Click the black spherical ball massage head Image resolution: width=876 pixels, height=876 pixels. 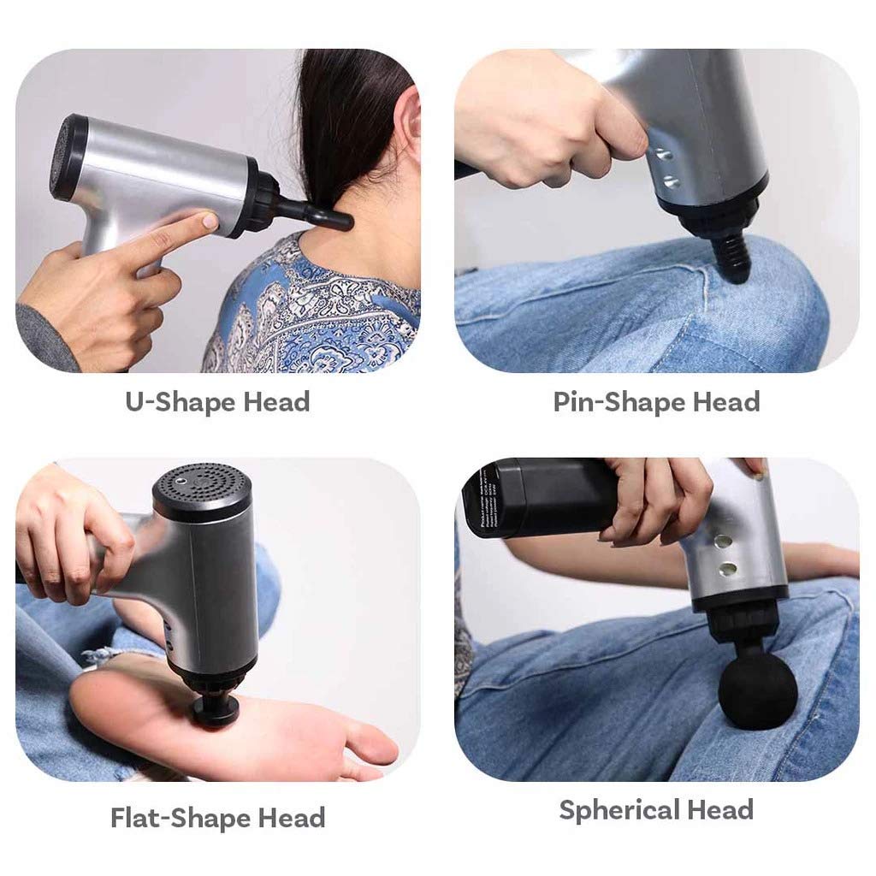tap(757, 690)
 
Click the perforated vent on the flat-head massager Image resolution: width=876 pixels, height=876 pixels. tap(202, 484)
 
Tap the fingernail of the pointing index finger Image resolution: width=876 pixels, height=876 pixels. tap(210, 221)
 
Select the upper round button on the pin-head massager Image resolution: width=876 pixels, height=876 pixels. tap(660, 155)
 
